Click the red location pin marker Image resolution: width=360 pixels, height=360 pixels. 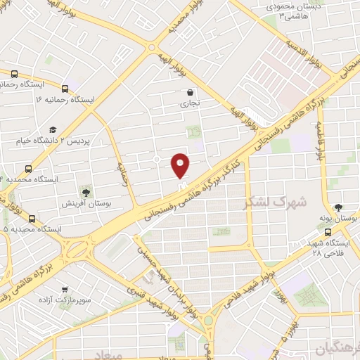[181, 165]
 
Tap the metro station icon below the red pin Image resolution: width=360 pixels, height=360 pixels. [182, 187]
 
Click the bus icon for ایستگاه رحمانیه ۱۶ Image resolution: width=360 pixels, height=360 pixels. [65, 89]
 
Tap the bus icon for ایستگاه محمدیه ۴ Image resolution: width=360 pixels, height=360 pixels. [28, 169]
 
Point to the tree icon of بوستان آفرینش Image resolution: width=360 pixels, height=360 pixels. [86, 191]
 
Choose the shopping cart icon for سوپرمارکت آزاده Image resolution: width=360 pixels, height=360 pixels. [65, 289]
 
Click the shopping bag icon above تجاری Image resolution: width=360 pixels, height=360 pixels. [191, 92]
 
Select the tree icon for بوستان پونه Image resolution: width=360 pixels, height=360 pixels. [339, 207]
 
